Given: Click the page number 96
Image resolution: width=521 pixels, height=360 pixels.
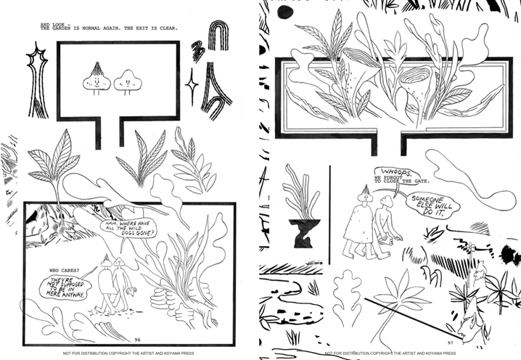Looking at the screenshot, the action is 137,340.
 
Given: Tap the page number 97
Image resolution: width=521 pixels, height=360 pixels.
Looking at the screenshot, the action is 451,343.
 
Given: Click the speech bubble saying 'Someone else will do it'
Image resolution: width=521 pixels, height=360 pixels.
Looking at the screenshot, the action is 432,205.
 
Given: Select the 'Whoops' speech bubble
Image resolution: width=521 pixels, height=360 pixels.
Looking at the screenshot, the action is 397,173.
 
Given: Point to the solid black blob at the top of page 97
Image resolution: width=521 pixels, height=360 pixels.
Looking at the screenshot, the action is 285,12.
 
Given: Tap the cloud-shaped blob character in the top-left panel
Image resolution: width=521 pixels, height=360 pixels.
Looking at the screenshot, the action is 128,81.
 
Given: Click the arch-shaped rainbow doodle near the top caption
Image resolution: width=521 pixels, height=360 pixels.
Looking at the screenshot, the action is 218,36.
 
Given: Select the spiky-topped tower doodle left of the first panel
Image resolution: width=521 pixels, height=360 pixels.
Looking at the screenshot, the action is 38,80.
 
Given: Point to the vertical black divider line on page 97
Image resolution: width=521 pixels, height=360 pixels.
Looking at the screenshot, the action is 329,215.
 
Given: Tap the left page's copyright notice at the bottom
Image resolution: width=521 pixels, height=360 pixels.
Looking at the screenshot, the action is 128,353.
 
